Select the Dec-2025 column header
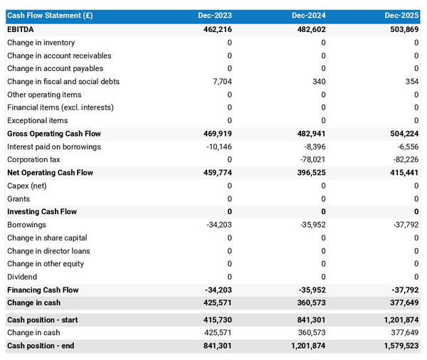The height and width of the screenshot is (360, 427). tap(401, 16)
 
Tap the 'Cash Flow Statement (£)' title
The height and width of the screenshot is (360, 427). tap(50, 16)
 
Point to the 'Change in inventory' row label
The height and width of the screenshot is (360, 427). tap(41, 43)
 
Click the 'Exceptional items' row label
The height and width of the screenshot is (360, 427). tap(37, 121)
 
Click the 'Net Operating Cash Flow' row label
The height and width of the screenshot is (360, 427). tap(50, 173)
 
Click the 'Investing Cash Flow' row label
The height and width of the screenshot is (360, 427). tap(42, 212)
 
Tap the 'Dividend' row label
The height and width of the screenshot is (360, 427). tap(23, 277)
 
